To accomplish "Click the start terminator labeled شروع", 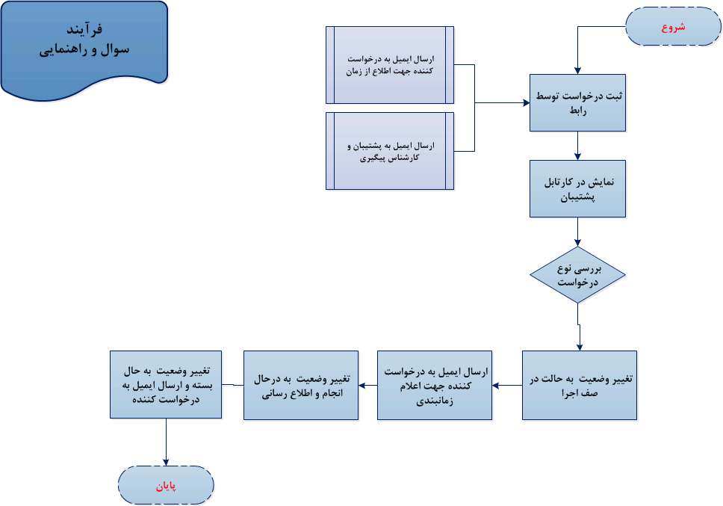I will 673,28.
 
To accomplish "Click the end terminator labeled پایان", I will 166,486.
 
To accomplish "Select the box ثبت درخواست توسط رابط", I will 577,103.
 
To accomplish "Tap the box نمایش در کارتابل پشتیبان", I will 577,188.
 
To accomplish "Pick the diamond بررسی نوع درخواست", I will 577,275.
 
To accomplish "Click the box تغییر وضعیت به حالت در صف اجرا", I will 579,384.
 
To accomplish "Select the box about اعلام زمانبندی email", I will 434,384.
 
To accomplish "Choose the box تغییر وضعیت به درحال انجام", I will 300,384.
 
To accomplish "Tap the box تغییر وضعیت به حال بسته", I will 167,384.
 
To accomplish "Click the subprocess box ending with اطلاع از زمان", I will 390,65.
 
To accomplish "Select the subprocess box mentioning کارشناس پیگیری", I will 390,151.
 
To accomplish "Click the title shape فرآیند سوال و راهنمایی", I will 84,45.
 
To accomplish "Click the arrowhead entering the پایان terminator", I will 166,463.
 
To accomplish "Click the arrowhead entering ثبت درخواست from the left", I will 526,103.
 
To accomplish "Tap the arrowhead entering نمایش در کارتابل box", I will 577,156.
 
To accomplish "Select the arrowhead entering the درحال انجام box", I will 362,385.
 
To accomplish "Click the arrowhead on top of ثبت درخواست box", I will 577,70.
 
